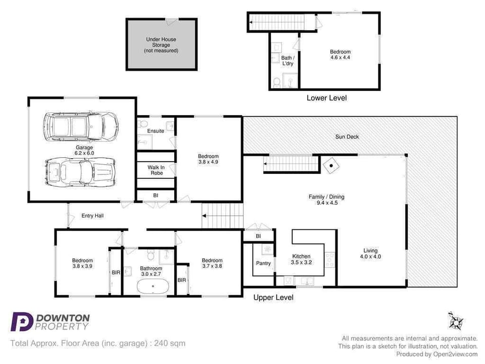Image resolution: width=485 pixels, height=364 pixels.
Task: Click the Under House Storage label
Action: pyautogui.click(x=161, y=45)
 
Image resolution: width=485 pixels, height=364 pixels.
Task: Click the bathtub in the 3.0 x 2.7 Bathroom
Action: pyautogui.click(x=153, y=286)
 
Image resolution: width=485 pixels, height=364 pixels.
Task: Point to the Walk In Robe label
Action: pyautogui.click(x=156, y=170)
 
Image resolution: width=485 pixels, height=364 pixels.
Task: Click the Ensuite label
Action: pyautogui.click(x=156, y=131)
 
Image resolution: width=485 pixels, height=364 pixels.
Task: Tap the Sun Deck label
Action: pyautogui.click(x=348, y=137)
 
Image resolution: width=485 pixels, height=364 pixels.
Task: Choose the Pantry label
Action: pyautogui.click(x=263, y=263)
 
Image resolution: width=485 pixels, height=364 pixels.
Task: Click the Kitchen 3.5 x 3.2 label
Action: pyautogui.click(x=301, y=259)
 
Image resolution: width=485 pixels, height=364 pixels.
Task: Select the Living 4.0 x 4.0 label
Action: pyautogui.click(x=370, y=254)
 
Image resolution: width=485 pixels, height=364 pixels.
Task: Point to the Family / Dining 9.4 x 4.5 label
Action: pyautogui.click(x=326, y=200)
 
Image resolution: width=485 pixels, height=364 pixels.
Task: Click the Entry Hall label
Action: pyautogui.click(x=92, y=216)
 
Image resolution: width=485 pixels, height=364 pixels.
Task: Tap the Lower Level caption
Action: pyautogui.click(x=326, y=98)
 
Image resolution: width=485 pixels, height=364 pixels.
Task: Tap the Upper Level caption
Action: pyautogui.click(x=273, y=298)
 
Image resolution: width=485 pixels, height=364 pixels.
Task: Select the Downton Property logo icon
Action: pyautogui.click(x=22, y=322)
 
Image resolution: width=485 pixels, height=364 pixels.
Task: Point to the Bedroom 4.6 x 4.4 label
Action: pyautogui.click(x=340, y=55)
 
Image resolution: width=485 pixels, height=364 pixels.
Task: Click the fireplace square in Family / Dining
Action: pyautogui.click(x=331, y=165)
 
